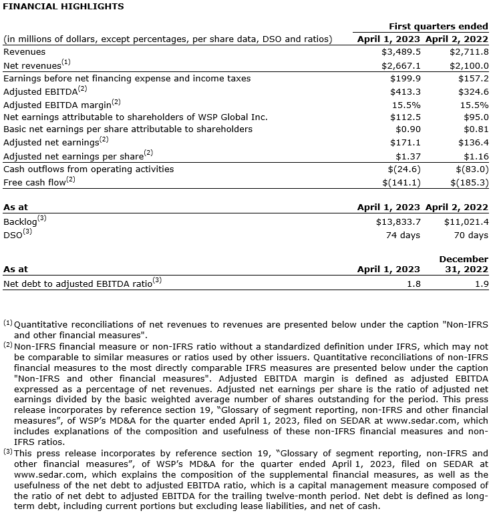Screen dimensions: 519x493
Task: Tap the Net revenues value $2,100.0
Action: pos(469,65)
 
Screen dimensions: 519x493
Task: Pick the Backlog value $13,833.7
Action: pos(398,221)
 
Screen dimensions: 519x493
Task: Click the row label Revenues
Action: pos(25,51)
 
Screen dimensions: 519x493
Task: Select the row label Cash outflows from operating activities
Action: pos(88,169)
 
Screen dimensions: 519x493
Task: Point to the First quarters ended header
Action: pos(438,26)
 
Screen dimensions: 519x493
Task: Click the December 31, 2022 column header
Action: pos(464,264)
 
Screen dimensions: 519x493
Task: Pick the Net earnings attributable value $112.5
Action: pos(405,117)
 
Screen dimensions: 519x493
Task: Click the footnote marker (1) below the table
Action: pos(8,323)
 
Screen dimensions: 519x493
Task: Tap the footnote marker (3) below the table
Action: pos(8,451)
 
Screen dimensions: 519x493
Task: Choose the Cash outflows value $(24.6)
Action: pos(401,169)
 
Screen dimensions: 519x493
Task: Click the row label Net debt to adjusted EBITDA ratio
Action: pos(78,283)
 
